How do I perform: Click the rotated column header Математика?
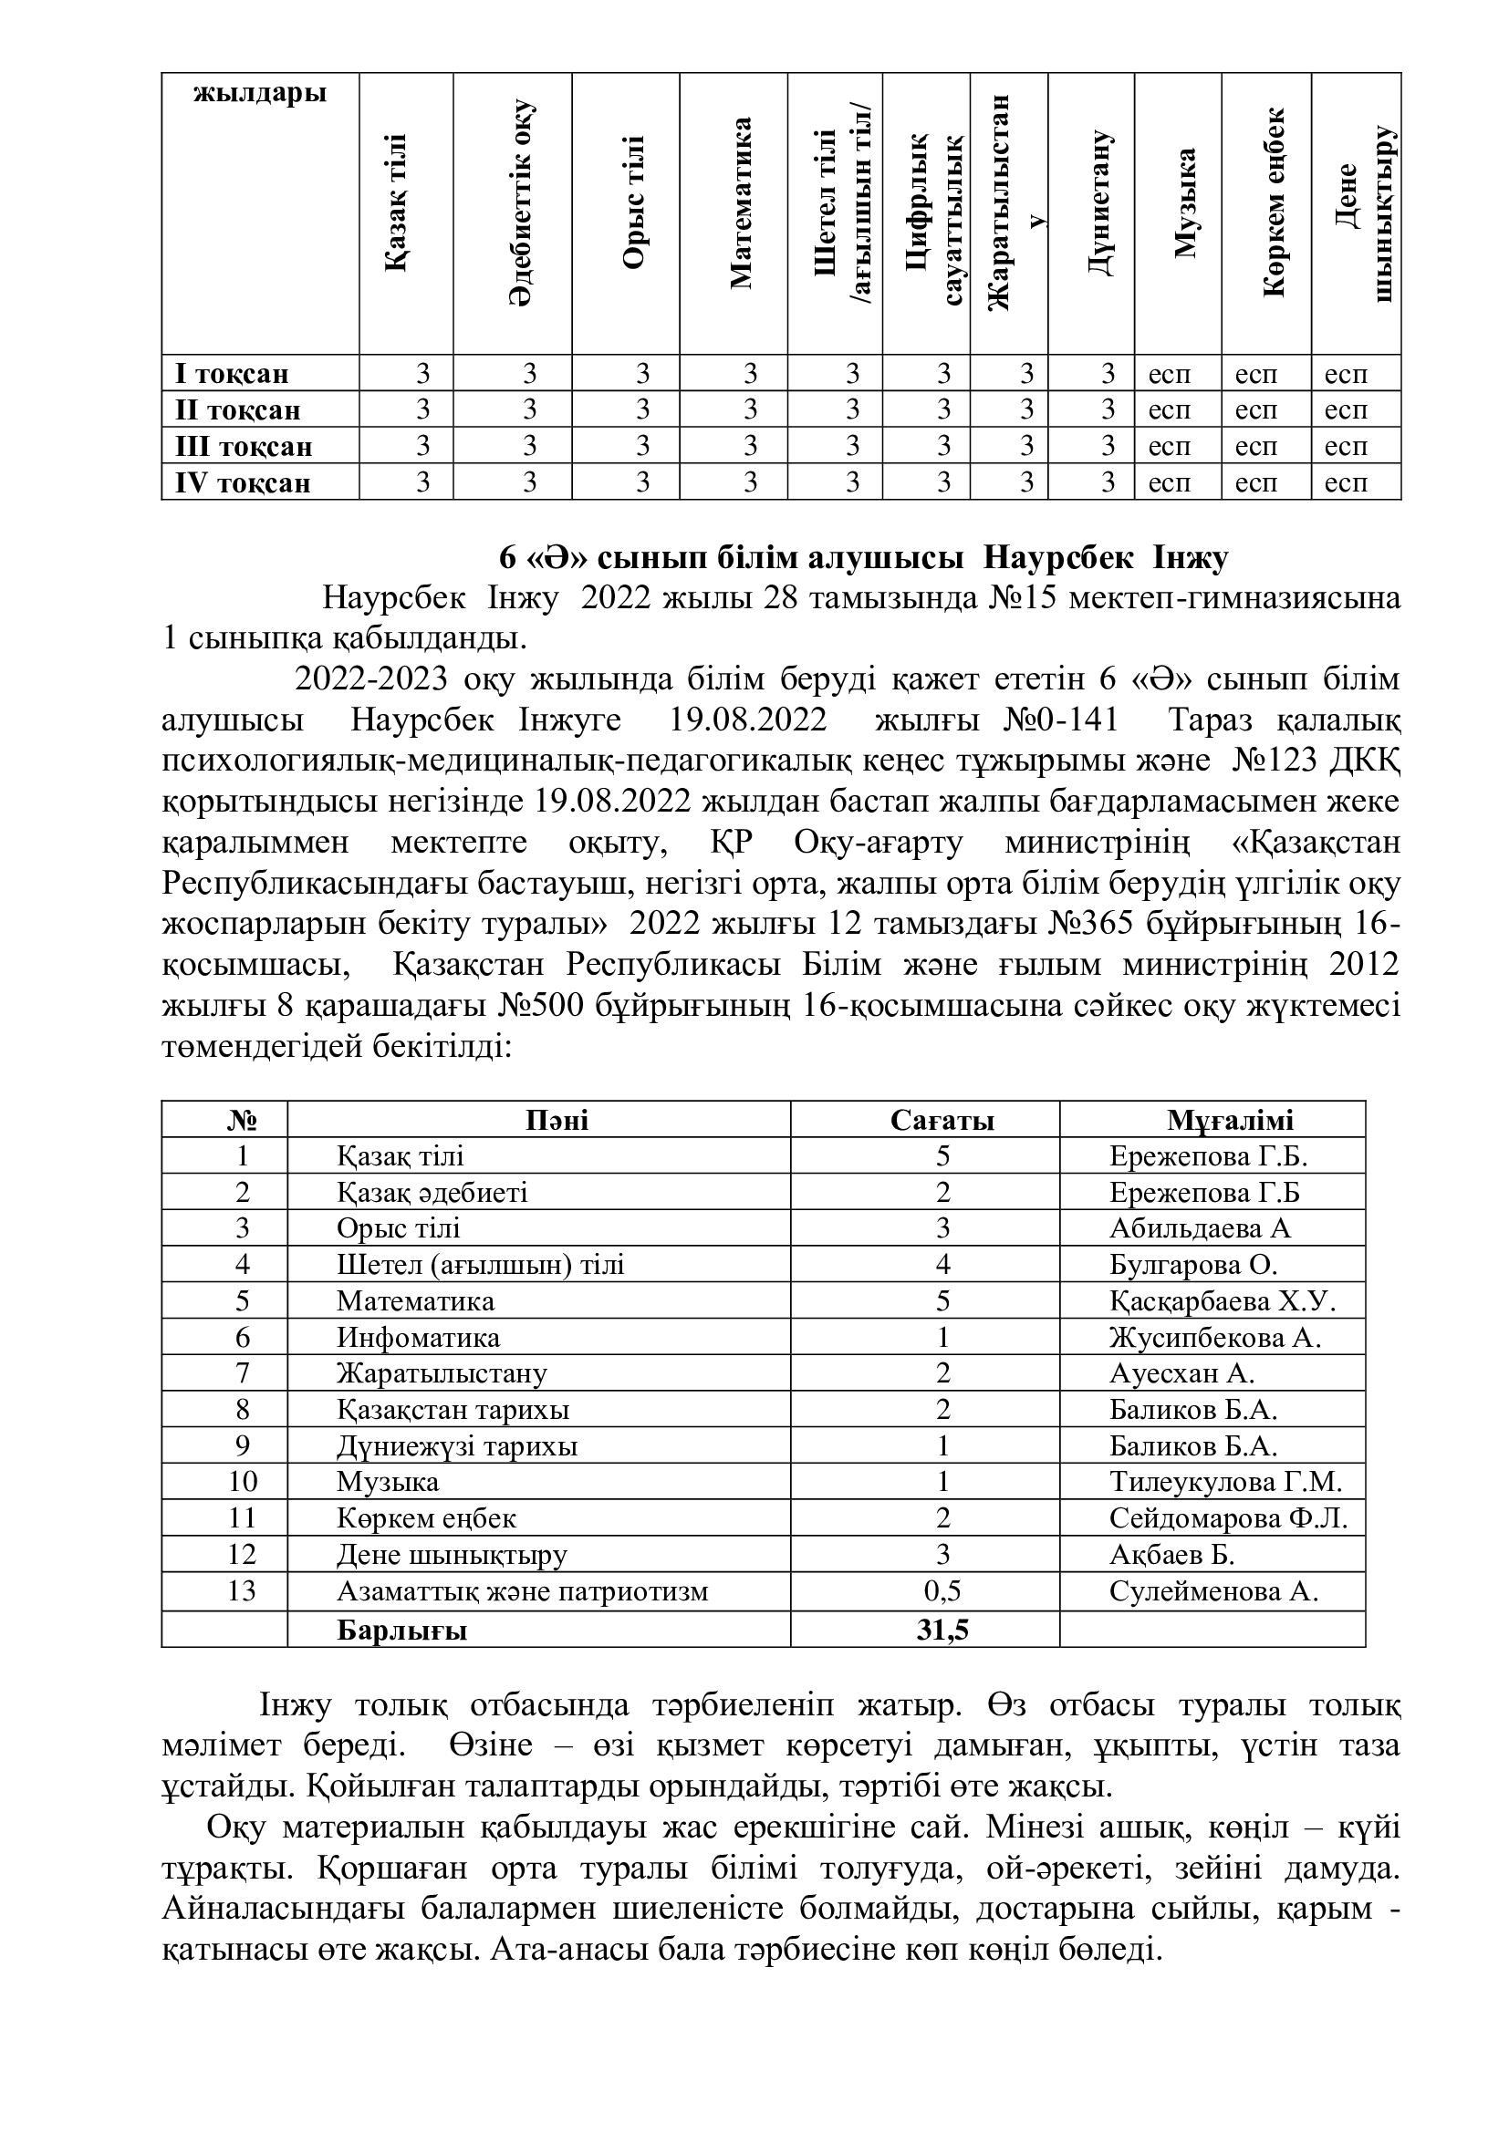[741, 202]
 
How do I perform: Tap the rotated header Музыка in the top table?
[1184, 202]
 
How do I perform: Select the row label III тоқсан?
[245, 447]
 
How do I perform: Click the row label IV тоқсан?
[244, 483]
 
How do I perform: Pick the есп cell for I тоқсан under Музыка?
[1169, 375]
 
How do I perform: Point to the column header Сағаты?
[942, 1121]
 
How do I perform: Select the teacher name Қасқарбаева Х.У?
[1222, 1301]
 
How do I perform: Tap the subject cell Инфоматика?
[418, 1338]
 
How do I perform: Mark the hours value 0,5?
[942, 1591]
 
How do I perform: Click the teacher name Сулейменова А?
[1213, 1591]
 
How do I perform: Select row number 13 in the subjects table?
[242, 1591]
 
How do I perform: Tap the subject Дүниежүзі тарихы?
[457, 1446]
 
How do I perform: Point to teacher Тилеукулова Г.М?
[1225, 1482]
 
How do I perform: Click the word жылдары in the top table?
[260, 94]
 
